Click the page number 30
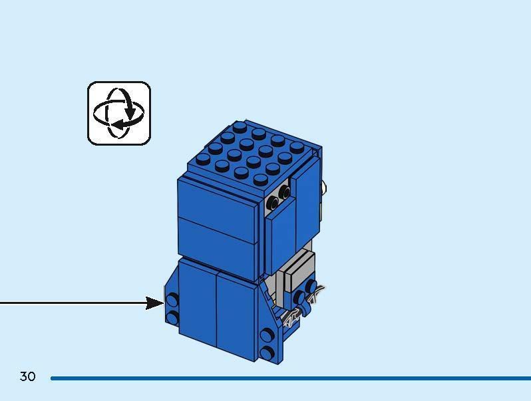(27, 376)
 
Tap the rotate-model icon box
(119, 113)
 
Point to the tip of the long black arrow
(164, 303)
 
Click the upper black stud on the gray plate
(284, 192)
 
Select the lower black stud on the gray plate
(273, 203)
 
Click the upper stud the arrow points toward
(172, 299)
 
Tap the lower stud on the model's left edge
(172, 317)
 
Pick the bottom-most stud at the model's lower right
(267, 352)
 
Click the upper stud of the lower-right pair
(267, 335)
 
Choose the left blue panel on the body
(198, 301)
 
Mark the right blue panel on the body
(236, 317)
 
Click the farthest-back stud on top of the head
(240, 127)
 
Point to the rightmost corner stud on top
(297, 147)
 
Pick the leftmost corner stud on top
(203, 159)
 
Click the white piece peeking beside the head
(324, 187)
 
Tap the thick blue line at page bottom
(291, 378)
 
